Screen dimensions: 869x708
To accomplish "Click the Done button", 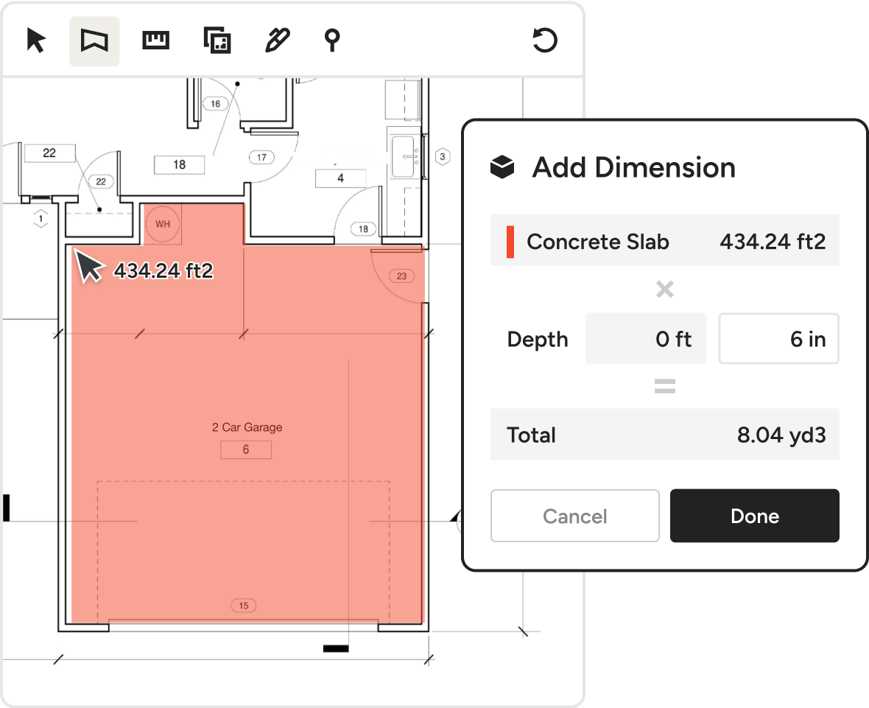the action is click(x=754, y=516).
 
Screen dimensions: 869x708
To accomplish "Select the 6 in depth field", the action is click(x=778, y=339).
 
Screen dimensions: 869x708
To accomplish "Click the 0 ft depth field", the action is click(x=646, y=339).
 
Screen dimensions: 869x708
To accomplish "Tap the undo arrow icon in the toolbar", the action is click(x=545, y=41).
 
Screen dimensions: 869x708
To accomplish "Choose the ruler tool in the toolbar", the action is click(x=155, y=41).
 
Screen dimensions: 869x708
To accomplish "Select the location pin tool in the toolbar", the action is click(x=332, y=41).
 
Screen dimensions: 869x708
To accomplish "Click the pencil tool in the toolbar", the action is click(x=277, y=41).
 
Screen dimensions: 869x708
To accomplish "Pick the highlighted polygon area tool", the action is click(x=94, y=41).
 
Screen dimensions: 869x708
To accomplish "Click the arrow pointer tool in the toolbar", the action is click(x=36, y=41).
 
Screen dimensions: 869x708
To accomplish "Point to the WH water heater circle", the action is click(x=162, y=224).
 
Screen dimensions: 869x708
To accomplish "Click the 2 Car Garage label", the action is click(x=247, y=427).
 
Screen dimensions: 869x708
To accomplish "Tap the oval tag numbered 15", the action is click(x=243, y=606).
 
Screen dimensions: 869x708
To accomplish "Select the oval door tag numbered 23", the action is click(x=402, y=276).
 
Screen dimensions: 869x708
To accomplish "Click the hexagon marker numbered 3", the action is click(x=443, y=157).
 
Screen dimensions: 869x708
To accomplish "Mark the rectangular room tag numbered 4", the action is click(x=341, y=178).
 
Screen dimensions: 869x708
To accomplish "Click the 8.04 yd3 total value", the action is click(x=781, y=435).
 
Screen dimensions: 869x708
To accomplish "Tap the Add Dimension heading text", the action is click(x=634, y=167).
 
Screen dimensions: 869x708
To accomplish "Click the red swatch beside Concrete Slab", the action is click(x=510, y=242).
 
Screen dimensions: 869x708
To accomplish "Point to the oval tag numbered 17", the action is click(x=261, y=158).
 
